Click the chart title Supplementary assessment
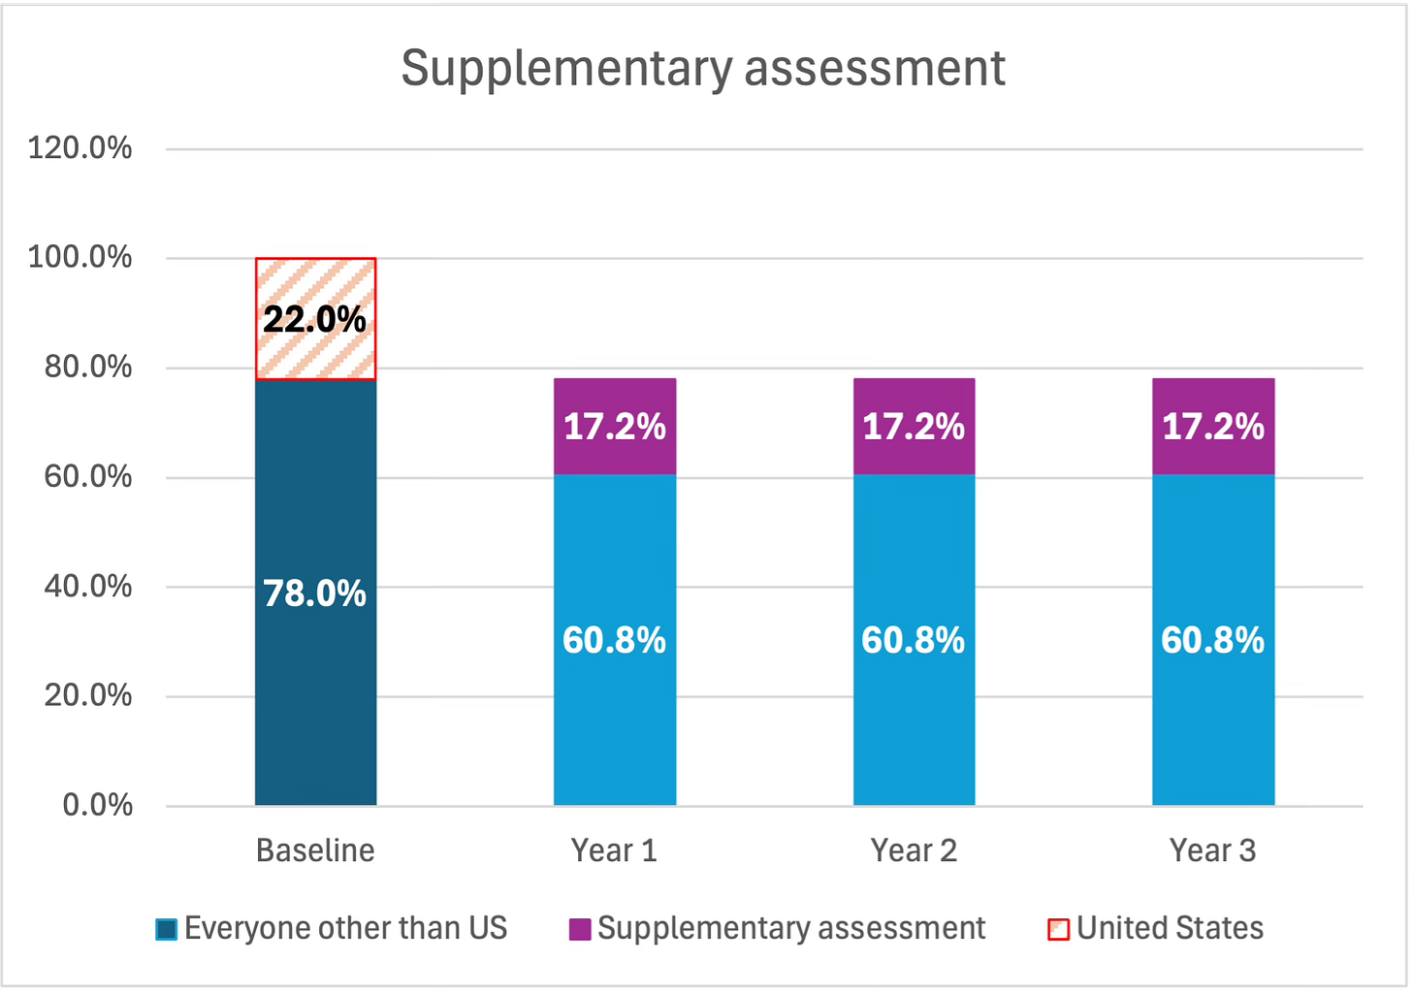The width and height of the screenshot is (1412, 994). pyautogui.click(x=703, y=68)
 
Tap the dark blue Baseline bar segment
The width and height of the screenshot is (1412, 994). pyautogui.click(x=315, y=698)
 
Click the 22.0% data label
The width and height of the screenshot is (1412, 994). pyautogui.click(x=315, y=319)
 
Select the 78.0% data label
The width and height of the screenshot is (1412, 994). pyautogui.click(x=315, y=593)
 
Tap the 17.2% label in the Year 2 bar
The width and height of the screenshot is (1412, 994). pyautogui.click(x=914, y=427)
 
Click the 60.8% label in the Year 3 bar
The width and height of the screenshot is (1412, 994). pyautogui.click(x=1213, y=640)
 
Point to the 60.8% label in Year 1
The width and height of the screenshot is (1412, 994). pyautogui.click(x=615, y=640)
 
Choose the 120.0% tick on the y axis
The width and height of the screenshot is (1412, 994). pyautogui.click(x=80, y=148)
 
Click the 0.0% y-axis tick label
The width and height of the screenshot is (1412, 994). pyautogui.click(x=97, y=805)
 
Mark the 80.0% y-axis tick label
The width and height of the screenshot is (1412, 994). pyautogui.click(x=88, y=368)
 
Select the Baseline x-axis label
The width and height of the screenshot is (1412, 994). pyautogui.click(x=315, y=850)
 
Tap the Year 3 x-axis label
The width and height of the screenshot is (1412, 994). pyautogui.click(x=1213, y=850)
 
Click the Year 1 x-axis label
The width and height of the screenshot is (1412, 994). pyautogui.click(x=615, y=850)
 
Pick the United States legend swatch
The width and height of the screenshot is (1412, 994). pyautogui.click(x=1059, y=929)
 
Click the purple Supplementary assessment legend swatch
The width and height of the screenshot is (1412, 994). pyautogui.click(x=580, y=929)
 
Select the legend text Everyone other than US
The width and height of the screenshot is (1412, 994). pyautogui.click(x=346, y=928)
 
